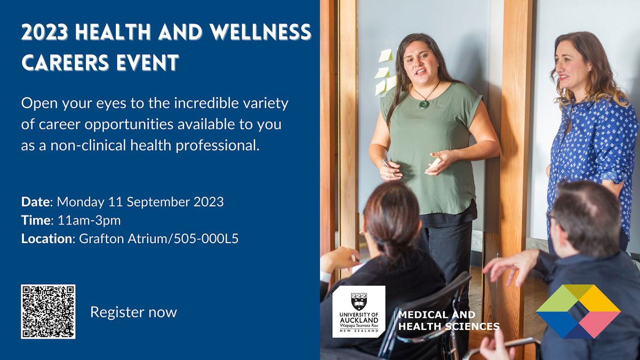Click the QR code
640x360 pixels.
tap(48, 311)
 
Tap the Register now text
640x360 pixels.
tap(133, 312)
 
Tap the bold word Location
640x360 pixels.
tap(46, 238)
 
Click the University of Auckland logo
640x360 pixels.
tap(358, 311)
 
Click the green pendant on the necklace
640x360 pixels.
tap(424, 104)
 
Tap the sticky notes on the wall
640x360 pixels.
tap(384, 72)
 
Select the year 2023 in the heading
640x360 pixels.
tap(45, 33)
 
